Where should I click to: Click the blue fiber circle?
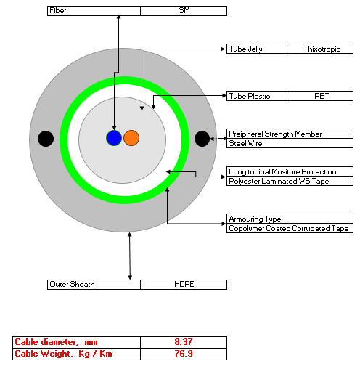[x=114, y=138]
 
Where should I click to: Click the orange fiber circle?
[x=131, y=138]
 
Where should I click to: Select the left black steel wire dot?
[x=46, y=139]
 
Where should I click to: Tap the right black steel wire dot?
[x=202, y=139]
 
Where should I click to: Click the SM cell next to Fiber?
[x=184, y=11]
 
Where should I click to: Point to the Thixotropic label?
[x=322, y=49]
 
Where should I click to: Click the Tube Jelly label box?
[x=258, y=49]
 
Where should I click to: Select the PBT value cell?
[x=322, y=96]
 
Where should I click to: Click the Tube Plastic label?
[x=250, y=96]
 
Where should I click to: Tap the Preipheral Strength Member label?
[x=275, y=134]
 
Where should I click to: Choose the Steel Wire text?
[x=245, y=143]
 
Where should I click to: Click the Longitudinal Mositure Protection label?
[x=282, y=171]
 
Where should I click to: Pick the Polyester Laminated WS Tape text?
[x=279, y=181]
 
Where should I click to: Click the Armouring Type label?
[x=255, y=219]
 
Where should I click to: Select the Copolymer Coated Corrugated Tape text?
[x=289, y=228]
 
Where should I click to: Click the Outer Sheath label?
[x=72, y=284]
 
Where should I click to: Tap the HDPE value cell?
[x=184, y=285]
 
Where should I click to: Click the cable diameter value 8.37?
[x=184, y=342]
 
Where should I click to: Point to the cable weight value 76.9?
[x=184, y=354]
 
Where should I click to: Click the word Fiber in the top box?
[x=58, y=10]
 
